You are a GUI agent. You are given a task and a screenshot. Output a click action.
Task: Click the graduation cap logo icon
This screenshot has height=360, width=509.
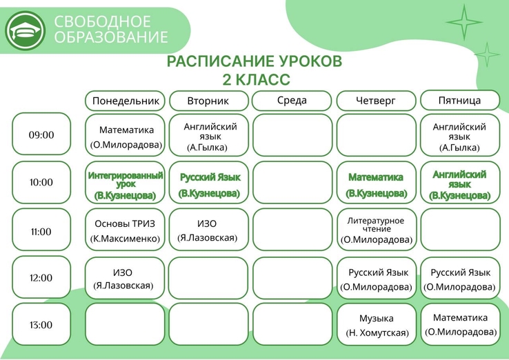[x=25, y=30]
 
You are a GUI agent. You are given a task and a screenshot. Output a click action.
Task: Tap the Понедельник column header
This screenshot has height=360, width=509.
[x=126, y=101]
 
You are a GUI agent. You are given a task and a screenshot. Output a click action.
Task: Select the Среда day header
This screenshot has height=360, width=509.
[x=292, y=101]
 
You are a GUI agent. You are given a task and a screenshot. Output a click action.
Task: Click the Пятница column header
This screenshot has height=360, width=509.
[x=459, y=100]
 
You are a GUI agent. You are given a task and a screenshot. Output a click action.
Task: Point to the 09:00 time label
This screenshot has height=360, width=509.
[x=41, y=134]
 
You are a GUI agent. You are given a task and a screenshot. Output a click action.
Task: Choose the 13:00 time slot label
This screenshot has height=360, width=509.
[x=41, y=324]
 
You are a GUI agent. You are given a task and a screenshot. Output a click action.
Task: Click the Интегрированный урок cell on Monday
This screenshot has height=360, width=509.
[x=126, y=183]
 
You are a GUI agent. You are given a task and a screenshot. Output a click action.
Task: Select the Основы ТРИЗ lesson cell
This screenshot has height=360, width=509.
[x=125, y=230]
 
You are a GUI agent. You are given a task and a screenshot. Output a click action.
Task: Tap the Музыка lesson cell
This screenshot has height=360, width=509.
[x=377, y=325]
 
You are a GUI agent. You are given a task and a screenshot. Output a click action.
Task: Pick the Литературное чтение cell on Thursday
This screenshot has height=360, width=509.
[x=377, y=230]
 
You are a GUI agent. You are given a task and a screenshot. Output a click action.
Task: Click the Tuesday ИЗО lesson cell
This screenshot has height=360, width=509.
[x=209, y=230]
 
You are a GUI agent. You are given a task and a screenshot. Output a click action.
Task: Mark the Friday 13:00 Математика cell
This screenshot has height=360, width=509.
[x=460, y=325]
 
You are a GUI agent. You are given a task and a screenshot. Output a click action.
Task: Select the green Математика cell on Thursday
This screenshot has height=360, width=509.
[x=377, y=183]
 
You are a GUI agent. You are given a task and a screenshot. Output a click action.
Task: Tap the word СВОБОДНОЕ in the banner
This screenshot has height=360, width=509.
[x=102, y=22]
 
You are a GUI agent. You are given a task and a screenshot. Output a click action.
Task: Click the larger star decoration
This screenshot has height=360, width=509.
[x=464, y=22]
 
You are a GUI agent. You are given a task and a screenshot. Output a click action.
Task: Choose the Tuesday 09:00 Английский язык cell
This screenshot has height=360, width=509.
[x=209, y=135]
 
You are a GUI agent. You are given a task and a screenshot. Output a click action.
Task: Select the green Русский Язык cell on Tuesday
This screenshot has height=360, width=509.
[x=209, y=183]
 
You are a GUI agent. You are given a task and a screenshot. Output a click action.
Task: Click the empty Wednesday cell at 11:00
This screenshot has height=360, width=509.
[x=292, y=230]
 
